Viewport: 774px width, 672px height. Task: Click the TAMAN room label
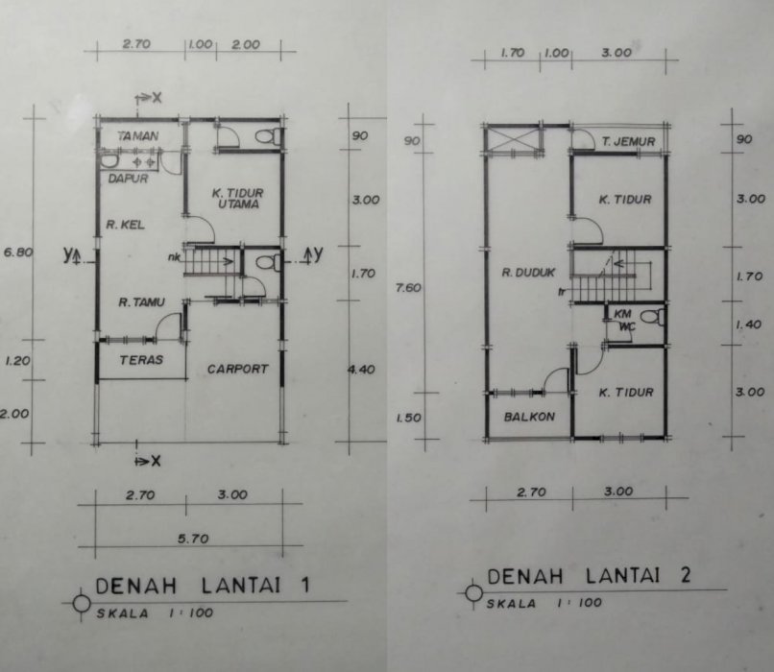pyautogui.click(x=138, y=135)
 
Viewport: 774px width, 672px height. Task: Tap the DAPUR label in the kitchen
pyautogui.click(x=129, y=179)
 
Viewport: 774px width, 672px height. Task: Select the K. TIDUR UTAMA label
pyautogui.click(x=238, y=199)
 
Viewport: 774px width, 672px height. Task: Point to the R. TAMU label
pyautogui.click(x=142, y=302)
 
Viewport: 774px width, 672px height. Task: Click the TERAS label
pyautogui.click(x=141, y=360)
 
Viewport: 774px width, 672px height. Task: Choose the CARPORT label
pyautogui.click(x=237, y=369)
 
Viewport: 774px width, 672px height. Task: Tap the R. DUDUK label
pyautogui.click(x=528, y=272)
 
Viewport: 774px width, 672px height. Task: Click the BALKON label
pyautogui.click(x=529, y=417)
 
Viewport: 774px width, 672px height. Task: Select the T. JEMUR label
pyautogui.click(x=628, y=142)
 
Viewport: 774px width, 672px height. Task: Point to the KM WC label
pyautogui.click(x=624, y=321)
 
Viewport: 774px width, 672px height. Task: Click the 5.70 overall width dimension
pyautogui.click(x=193, y=539)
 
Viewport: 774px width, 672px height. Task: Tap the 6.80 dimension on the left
pyautogui.click(x=18, y=252)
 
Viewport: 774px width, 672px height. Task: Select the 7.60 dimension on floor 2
pyautogui.click(x=408, y=287)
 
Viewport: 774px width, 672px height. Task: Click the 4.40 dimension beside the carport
pyautogui.click(x=362, y=369)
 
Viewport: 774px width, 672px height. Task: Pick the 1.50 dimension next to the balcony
pyautogui.click(x=409, y=418)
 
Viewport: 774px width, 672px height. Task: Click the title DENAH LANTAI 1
pyautogui.click(x=203, y=586)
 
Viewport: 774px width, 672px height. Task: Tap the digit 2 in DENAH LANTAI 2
pyautogui.click(x=685, y=575)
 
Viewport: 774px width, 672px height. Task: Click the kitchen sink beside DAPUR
pyautogui.click(x=109, y=161)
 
